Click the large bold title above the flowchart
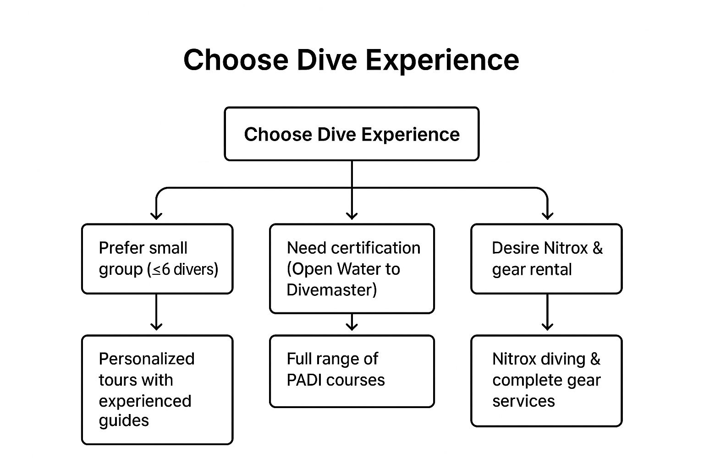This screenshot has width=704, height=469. [351, 60]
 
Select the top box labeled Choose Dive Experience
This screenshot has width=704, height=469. [352, 134]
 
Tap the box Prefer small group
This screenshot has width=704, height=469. [157, 259]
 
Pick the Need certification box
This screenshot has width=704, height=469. [352, 268]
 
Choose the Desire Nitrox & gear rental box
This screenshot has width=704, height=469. [546, 259]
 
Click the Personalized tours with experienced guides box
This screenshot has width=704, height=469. [157, 390]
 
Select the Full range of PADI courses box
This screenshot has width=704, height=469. [352, 371]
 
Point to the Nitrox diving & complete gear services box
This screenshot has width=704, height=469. [546, 381]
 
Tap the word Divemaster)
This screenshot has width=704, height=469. [331, 290]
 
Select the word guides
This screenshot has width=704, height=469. [124, 420]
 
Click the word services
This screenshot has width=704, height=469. [523, 401]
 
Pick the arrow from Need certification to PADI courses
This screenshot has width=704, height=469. [352, 322]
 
